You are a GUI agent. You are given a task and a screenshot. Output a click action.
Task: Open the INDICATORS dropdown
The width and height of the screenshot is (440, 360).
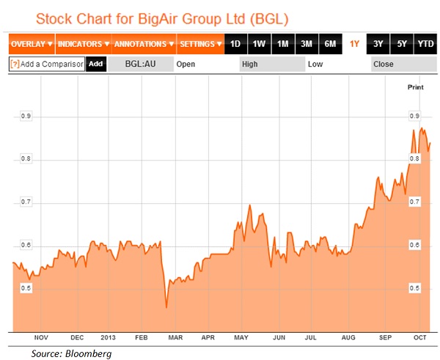(x=84, y=44)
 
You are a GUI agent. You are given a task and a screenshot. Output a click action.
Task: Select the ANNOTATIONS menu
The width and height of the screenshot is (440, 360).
(x=144, y=44)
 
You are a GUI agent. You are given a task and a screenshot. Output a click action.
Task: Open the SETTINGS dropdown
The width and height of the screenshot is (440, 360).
(x=201, y=44)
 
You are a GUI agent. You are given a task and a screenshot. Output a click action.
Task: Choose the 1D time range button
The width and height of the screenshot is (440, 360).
(x=235, y=44)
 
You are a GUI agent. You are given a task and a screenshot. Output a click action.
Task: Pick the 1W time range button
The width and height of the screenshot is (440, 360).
(x=259, y=44)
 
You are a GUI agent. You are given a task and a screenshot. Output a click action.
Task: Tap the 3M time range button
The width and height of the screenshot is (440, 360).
(x=307, y=44)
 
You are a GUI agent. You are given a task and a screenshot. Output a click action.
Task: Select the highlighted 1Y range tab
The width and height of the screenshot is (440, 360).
(x=355, y=44)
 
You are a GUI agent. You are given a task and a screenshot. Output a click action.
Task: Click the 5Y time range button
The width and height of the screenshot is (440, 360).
(x=401, y=44)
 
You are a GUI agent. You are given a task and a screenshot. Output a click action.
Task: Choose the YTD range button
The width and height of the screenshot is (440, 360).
(x=425, y=44)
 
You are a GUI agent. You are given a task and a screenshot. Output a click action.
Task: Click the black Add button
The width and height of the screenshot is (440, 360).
(x=95, y=64)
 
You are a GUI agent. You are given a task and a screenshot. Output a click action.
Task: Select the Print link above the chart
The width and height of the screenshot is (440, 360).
(x=415, y=87)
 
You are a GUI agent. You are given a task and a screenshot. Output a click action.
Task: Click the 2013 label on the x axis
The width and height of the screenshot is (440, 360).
(x=108, y=338)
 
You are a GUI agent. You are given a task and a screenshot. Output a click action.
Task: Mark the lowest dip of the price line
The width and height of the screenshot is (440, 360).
(x=166, y=307)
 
